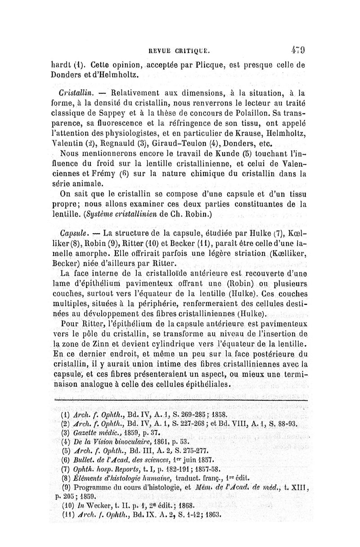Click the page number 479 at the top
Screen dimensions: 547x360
298,46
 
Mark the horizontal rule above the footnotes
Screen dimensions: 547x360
180,399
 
